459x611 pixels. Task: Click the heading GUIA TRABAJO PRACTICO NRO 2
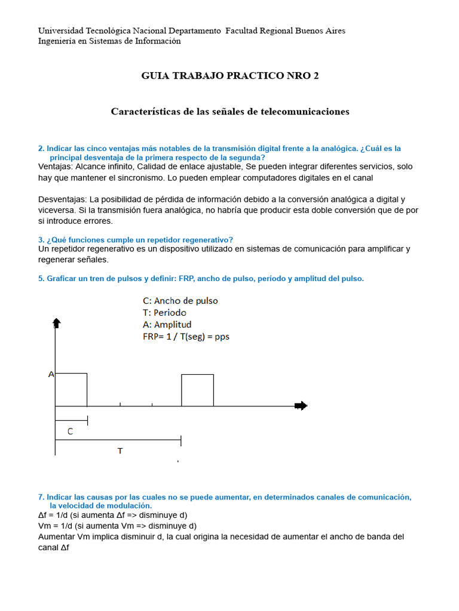pyautogui.click(x=229, y=76)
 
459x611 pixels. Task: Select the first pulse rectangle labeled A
pyautogui.click(x=71, y=389)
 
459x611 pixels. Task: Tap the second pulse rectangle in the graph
pyautogui.click(x=197, y=390)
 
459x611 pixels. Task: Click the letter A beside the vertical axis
pyautogui.click(x=51, y=375)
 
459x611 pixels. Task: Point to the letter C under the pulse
pyautogui.click(x=70, y=431)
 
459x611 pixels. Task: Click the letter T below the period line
pyautogui.click(x=120, y=451)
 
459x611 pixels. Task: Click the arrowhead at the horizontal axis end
pyautogui.click(x=302, y=406)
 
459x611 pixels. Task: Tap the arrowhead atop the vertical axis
pyautogui.click(x=56, y=323)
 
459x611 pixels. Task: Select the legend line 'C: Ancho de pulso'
pyautogui.click(x=180, y=301)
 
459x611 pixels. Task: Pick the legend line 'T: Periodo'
pyautogui.click(x=164, y=313)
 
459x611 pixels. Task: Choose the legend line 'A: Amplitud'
pyautogui.click(x=167, y=325)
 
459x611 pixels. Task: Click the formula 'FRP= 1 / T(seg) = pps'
pyautogui.click(x=186, y=337)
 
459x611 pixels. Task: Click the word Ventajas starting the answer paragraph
pyautogui.click(x=55, y=166)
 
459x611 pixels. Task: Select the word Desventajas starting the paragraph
pyautogui.click(x=62, y=199)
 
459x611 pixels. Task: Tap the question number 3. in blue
pyautogui.click(x=41, y=239)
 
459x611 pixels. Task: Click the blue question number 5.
pyautogui.click(x=41, y=279)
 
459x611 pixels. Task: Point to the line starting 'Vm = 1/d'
pyautogui.click(x=117, y=526)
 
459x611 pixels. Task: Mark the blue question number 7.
pyautogui.click(x=41, y=497)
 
